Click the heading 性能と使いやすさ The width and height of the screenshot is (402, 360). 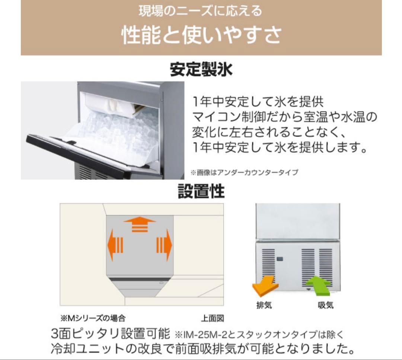(x=201, y=35)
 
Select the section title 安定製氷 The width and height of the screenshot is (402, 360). (x=201, y=70)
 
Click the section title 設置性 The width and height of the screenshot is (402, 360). (x=201, y=192)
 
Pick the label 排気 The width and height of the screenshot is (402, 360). (x=264, y=305)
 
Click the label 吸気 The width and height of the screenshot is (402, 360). (x=325, y=305)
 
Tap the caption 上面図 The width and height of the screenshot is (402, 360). (x=213, y=318)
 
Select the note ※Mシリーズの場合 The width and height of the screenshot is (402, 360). (x=93, y=318)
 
